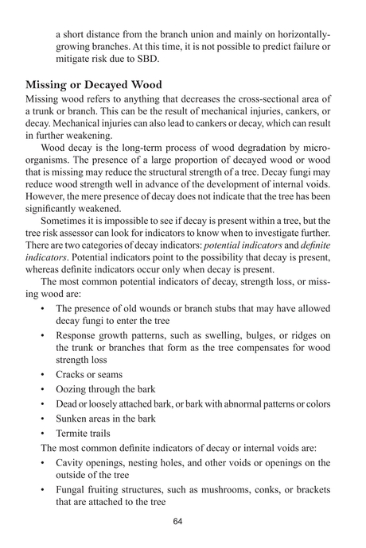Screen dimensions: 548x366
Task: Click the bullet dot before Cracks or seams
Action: [41, 375]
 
